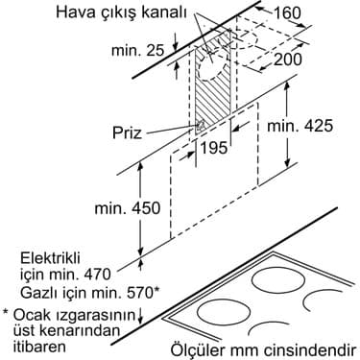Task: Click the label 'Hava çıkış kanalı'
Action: coord(189,12)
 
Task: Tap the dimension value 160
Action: coord(326,13)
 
